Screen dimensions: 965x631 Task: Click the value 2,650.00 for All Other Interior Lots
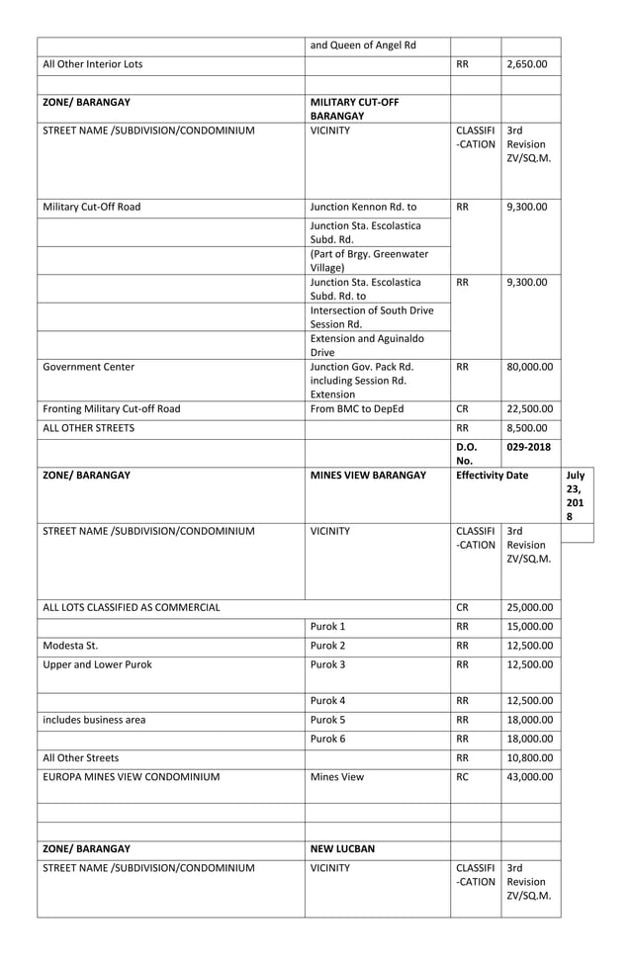(526, 64)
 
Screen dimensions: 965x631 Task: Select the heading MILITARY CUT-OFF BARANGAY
(354, 109)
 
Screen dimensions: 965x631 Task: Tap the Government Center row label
(89, 367)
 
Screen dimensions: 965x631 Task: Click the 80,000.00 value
(529, 367)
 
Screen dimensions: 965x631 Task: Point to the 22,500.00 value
(529, 408)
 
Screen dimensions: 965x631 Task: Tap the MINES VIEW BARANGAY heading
(367, 475)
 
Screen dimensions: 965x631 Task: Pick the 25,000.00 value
(529, 607)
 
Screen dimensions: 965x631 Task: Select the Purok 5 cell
(329, 720)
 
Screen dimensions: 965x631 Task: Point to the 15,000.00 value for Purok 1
(529, 627)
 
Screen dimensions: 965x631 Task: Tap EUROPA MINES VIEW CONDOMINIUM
(132, 777)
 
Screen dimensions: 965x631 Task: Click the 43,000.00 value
(529, 777)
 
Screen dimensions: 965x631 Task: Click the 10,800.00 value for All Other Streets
(529, 758)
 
